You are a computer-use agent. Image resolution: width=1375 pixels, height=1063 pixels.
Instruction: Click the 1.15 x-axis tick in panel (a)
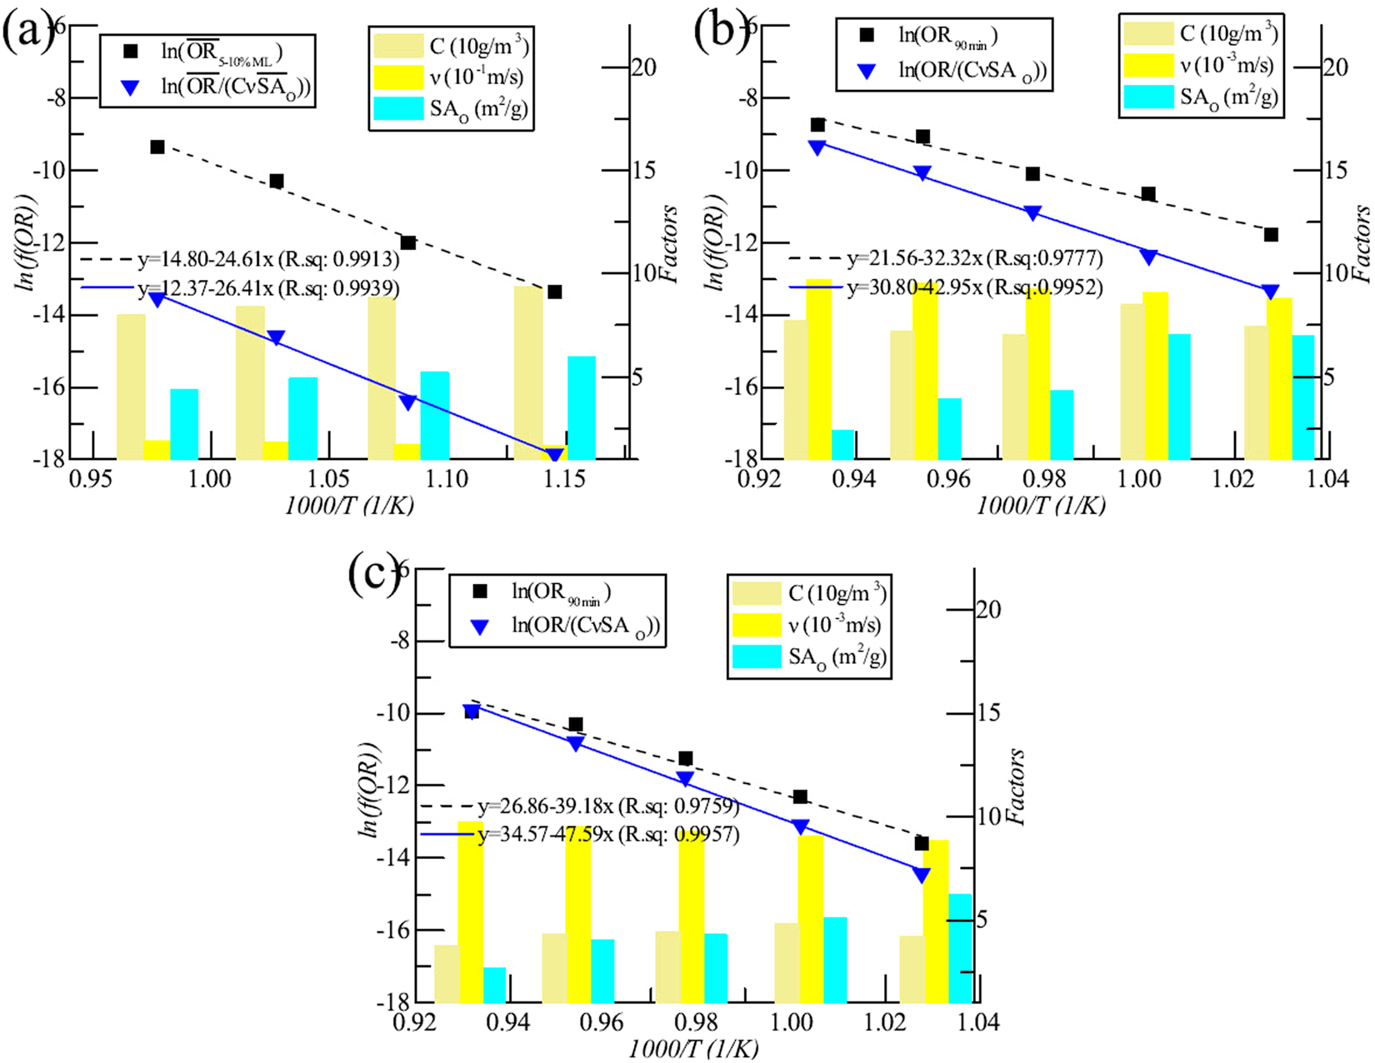point(565,480)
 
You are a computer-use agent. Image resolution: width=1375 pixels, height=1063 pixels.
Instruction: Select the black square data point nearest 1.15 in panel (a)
point(554,292)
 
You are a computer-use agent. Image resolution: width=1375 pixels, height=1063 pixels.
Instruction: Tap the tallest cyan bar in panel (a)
point(582,407)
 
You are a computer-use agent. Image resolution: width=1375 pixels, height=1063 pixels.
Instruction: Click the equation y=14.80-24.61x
point(268,260)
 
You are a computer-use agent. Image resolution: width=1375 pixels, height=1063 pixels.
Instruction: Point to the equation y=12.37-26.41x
point(268,288)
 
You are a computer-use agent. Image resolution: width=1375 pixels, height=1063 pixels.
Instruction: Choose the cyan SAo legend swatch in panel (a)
point(398,108)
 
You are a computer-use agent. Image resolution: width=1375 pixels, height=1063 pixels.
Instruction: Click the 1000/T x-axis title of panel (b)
point(1041,506)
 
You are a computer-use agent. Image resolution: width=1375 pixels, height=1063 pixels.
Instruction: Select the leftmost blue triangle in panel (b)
point(817,147)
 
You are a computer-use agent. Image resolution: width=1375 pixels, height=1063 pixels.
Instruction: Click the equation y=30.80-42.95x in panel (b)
point(975,287)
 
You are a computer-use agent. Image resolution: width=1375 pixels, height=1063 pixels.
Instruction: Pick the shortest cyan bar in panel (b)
point(843,444)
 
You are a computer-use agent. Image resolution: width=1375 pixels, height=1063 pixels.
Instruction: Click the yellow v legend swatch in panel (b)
point(1148,66)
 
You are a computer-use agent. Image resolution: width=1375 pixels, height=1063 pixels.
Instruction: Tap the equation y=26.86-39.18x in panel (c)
point(608,806)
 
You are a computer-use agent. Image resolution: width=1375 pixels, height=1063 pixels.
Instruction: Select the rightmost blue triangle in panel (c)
point(921,876)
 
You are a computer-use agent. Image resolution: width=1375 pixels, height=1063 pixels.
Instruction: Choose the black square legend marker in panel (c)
point(480,591)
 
